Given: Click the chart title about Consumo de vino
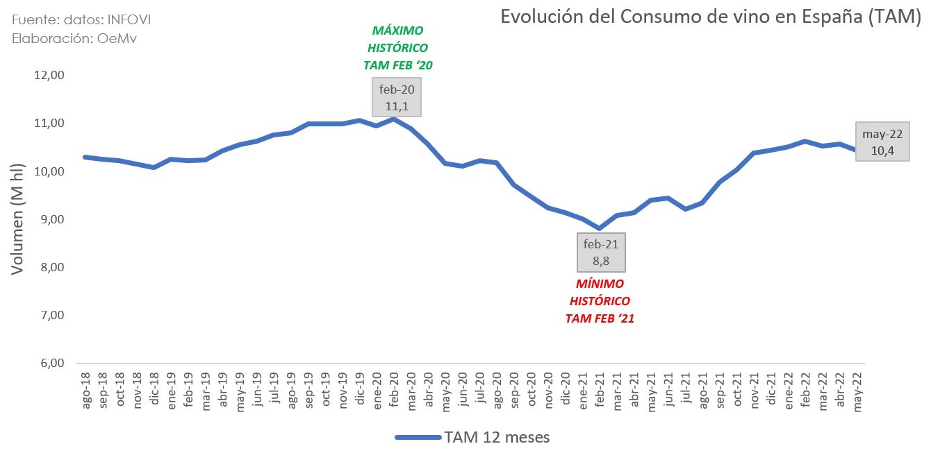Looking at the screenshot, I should pos(710,17).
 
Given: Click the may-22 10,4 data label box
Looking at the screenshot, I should pos(882,144).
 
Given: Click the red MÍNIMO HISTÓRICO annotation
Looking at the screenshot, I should pos(600,301).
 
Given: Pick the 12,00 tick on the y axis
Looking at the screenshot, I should pos(49,75).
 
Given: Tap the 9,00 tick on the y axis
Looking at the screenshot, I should pos(49,219).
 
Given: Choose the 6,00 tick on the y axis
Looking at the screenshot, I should pos(49,364).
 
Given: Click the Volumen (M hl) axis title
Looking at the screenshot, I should pos(17,219).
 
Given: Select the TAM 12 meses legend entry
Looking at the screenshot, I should pos(472,437).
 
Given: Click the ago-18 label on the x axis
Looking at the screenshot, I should pos(86,393).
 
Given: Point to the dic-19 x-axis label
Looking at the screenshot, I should pos(360,393).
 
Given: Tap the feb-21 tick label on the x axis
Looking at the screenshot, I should pos(600,393).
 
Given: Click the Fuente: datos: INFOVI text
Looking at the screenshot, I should pos(81,19).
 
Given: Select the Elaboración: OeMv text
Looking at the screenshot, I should pos(74,39).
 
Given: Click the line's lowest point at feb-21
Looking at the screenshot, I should pos(600,228).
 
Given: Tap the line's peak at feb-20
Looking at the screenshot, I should pos(394,119).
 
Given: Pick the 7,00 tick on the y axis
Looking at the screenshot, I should pos(49,316).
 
